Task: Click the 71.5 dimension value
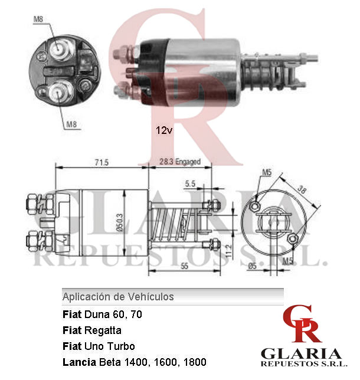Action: [x=102, y=162]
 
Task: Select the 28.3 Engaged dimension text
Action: [x=180, y=162]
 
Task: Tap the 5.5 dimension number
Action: [x=190, y=184]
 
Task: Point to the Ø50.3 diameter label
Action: [x=120, y=222]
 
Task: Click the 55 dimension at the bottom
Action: [x=184, y=266]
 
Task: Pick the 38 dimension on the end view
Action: [x=302, y=189]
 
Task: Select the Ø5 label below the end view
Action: [x=253, y=266]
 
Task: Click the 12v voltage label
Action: [x=164, y=130]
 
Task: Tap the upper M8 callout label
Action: [x=38, y=19]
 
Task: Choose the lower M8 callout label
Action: [x=71, y=125]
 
